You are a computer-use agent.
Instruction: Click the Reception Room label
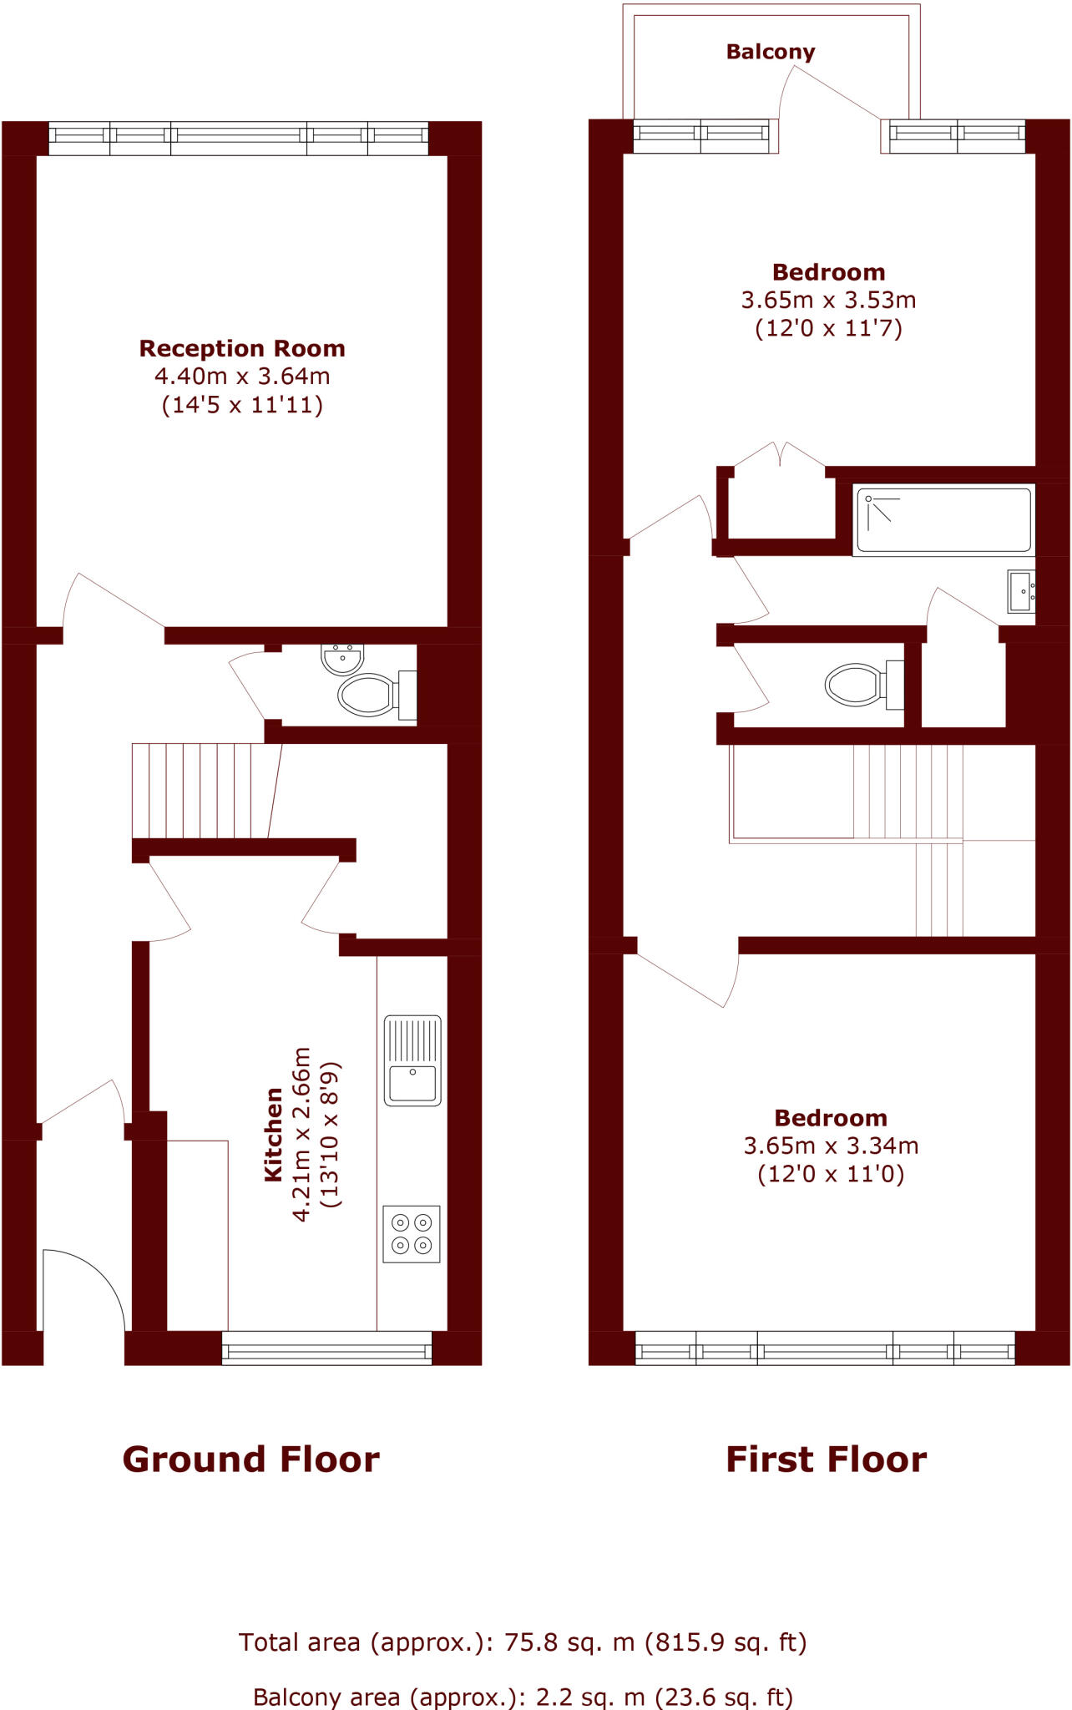[242, 348]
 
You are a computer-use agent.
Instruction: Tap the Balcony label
[770, 52]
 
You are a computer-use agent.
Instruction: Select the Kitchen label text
[273, 1134]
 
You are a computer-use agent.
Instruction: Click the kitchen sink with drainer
[412, 1060]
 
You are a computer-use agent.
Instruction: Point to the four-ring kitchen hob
[412, 1234]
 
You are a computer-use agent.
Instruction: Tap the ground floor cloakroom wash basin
[342, 659]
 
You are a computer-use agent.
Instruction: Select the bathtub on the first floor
[943, 520]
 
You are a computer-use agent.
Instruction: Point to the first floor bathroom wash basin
[1021, 591]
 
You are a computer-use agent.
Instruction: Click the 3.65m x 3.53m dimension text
[828, 300]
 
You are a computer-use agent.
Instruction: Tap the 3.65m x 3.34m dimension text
[831, 1146]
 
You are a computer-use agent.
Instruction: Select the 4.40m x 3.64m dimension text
[242, 377]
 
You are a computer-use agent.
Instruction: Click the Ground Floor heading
[250, 1460]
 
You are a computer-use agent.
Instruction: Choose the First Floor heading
[826, 1460]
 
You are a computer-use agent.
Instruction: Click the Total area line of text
[523, 1642]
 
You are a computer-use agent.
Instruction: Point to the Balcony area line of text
[523, 1697]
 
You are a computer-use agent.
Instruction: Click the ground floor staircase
[205, 790]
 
